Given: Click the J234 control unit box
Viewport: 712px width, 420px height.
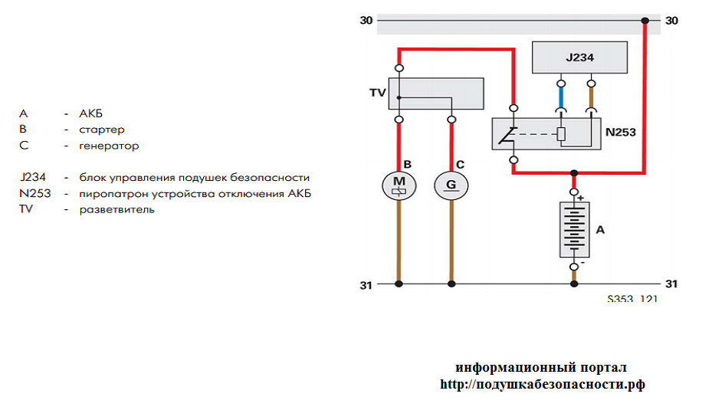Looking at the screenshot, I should pyautogui.click(x=579, y=57).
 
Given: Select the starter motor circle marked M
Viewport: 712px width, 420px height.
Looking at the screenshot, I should pyautogui.click(x=399, y=184).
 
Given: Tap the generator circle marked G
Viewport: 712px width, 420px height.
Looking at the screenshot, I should pyautogui.click(x=451, y=184).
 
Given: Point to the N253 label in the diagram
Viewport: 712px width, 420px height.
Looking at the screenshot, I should pyautogui.click(x=621, y=132).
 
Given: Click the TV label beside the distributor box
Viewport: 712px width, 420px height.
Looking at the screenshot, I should pyautogui.click(x=376, y=93).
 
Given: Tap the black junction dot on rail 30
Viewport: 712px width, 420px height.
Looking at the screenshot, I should pyautogui.click(x=645, y=21).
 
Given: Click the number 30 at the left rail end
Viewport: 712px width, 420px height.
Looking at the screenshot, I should pyautogui.click(x=366, y=21).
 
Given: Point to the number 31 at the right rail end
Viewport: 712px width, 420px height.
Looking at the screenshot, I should pyautogui.click(x=671, y=284).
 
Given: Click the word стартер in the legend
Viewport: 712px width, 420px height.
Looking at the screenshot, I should pyautogui.click(x=102, y=130).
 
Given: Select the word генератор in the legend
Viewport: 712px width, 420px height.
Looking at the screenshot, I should pyautogui.click(x=109, y=146).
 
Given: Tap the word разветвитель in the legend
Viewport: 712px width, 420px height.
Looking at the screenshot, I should pyautogui.click(x=116, y=209).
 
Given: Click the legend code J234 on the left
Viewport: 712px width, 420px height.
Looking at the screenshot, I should pyautogui.click(x=33, y=177).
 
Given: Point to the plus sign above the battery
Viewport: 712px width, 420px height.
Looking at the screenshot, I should pyautogui.click(x=580, y=198).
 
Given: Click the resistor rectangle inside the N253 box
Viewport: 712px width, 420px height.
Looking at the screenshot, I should pyautogui.click(x=561, y=136).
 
